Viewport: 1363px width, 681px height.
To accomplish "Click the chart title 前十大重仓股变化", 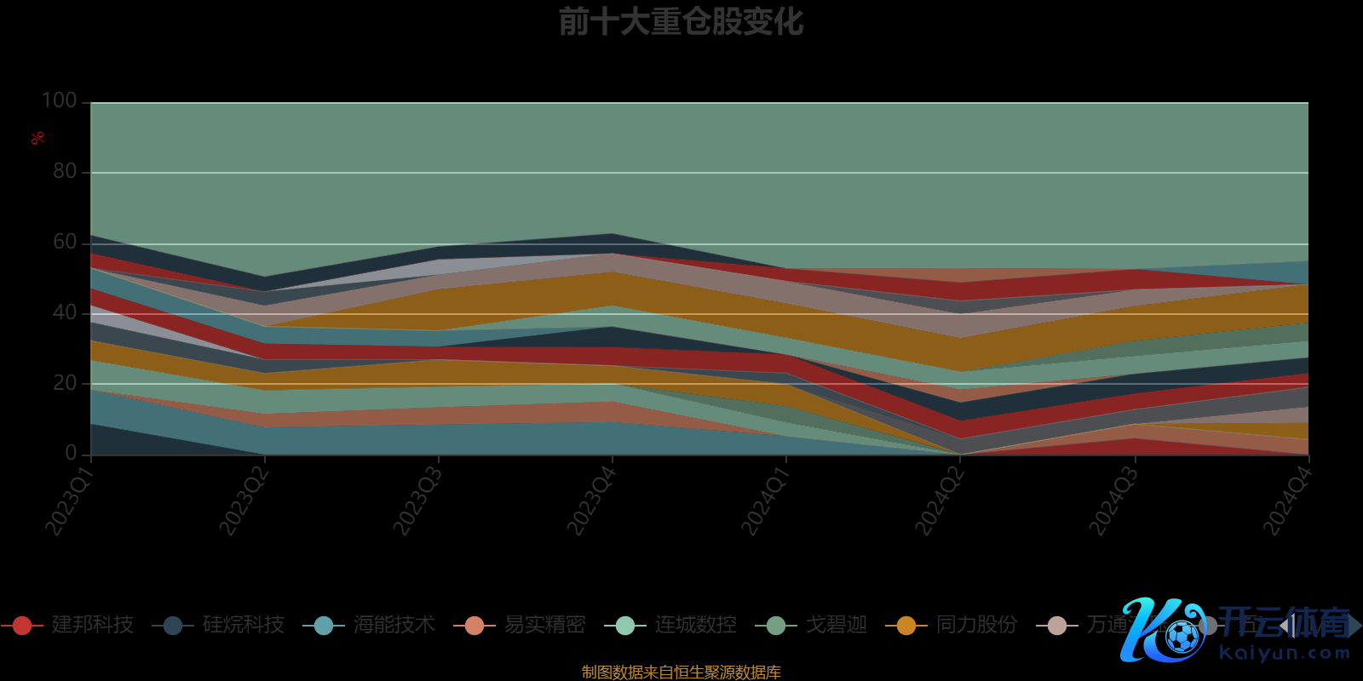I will (681, 22).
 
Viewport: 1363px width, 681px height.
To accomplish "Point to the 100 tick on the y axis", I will (60, 100).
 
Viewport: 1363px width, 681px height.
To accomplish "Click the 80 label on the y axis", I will (65, 171).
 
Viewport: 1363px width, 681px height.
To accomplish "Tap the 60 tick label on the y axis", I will (65, 242).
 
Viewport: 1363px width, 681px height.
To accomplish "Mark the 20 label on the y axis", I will (65, 383).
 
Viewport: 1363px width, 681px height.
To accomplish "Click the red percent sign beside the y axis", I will (37, 138).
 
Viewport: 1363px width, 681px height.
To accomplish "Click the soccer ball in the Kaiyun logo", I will (1182, 636).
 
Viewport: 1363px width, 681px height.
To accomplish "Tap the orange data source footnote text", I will (681, 672).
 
